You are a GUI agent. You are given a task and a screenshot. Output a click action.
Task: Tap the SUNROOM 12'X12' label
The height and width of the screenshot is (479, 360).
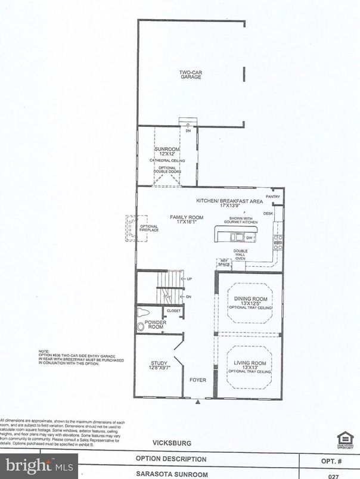point(167,151)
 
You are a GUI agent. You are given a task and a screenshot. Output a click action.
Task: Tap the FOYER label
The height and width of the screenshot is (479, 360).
point(197,379)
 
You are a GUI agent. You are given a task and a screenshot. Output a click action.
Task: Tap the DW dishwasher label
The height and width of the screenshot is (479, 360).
point(250,237)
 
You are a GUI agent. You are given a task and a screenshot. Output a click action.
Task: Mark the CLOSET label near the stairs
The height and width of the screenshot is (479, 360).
point(173,310)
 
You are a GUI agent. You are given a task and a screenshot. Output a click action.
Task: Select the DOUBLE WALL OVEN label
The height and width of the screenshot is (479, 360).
point(241,254)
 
